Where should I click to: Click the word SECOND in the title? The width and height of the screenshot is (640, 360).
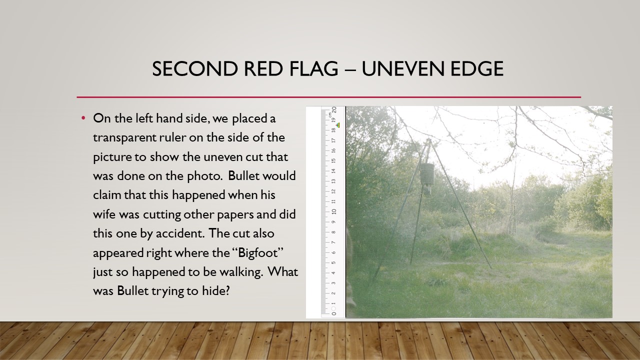click(195, 68)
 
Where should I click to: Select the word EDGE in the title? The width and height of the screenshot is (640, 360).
click(476, 68)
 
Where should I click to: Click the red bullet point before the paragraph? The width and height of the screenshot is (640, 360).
click(83, 117)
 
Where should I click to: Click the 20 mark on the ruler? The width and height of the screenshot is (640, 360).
click(334, 110)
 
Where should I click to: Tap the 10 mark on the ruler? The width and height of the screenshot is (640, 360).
click(334, 211)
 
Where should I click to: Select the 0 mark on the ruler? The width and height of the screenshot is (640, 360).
click(334, 313)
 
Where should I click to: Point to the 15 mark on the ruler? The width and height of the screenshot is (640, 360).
click(333, 160)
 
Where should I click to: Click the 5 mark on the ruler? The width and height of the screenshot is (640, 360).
click(333, 262)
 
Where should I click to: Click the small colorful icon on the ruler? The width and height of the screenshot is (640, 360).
click(338, 125)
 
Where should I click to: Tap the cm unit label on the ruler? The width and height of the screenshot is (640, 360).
click(329, 115)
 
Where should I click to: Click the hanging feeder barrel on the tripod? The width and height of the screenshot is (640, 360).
click(427, 174)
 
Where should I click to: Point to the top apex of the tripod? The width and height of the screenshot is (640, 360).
click(428, 139)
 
